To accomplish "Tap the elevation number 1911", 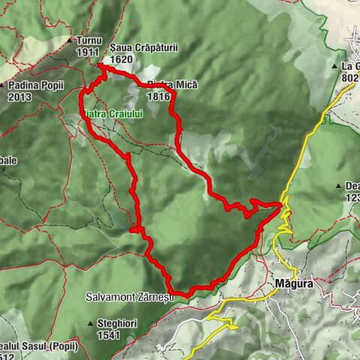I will point(88,52).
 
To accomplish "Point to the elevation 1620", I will point(121,58).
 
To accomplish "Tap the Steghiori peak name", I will point(117,323).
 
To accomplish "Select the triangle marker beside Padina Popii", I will point(4,85).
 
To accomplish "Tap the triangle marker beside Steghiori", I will point(90,323).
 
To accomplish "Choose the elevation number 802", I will point(349,77).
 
